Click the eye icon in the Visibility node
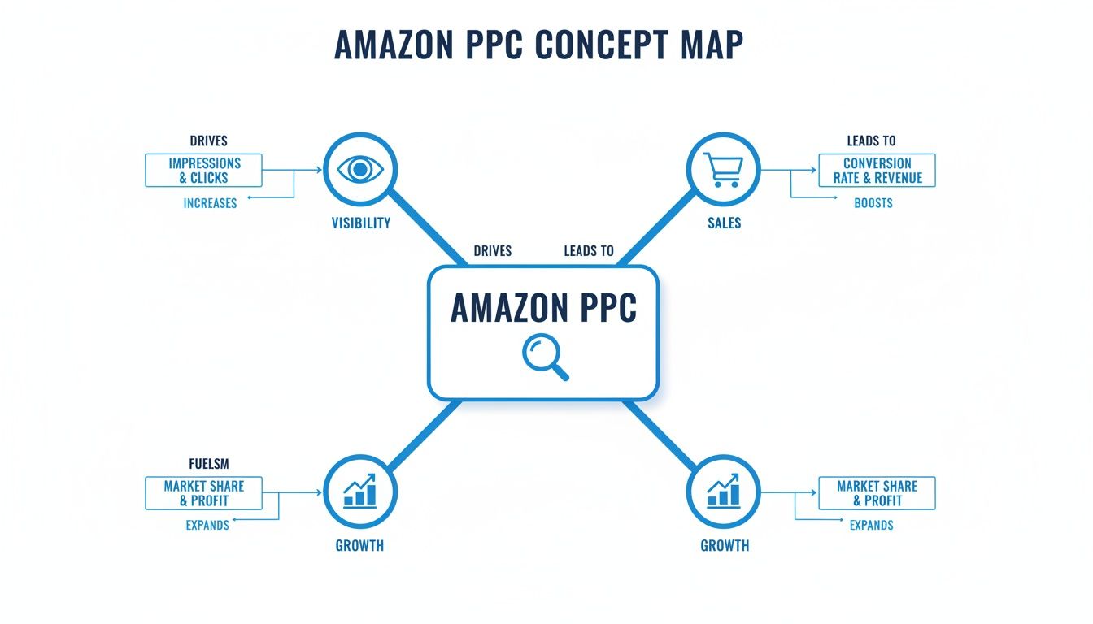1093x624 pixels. point(360,169)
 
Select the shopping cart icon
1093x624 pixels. point(722,169)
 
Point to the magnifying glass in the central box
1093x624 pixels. point(544,358)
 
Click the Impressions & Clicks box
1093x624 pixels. point(204,171)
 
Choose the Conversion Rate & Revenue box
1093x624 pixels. point(877,171)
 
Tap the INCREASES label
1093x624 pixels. point(210,203)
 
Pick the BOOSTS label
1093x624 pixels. point(873,203)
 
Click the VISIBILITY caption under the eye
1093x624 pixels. point(360,223)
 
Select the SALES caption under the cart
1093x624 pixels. point(724,223)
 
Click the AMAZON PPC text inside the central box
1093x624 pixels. point(543,309)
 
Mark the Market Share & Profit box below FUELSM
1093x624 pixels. point(204,493)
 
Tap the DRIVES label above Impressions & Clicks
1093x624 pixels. point(208,141)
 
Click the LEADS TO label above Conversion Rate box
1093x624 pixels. point(870,141)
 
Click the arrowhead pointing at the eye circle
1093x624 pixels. point(320,171)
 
